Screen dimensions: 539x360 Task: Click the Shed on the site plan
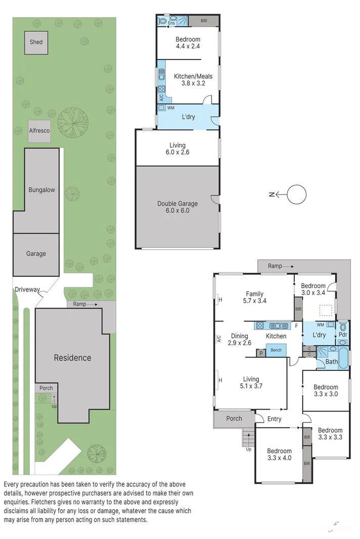point(36,42)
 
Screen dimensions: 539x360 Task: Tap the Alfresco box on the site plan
point(39,131)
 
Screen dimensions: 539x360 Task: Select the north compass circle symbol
point(297,194)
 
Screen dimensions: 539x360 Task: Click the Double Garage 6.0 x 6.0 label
point(177,207)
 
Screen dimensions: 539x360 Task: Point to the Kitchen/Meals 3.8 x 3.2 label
point(193,80)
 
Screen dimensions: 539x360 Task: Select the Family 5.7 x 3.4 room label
point(255,297)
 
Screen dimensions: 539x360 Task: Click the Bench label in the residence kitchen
point(276,350)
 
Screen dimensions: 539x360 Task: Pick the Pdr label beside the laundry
point(343,334)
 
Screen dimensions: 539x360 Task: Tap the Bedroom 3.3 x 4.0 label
point(279,455)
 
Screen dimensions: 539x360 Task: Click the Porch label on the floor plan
point(234,418)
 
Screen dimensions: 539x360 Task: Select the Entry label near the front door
point(275,419)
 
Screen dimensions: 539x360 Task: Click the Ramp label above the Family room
point(275,266)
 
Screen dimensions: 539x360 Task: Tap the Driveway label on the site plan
point(27,289)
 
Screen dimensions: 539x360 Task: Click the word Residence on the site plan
point(73,358)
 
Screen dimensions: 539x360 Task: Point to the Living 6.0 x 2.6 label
point(177,149)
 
